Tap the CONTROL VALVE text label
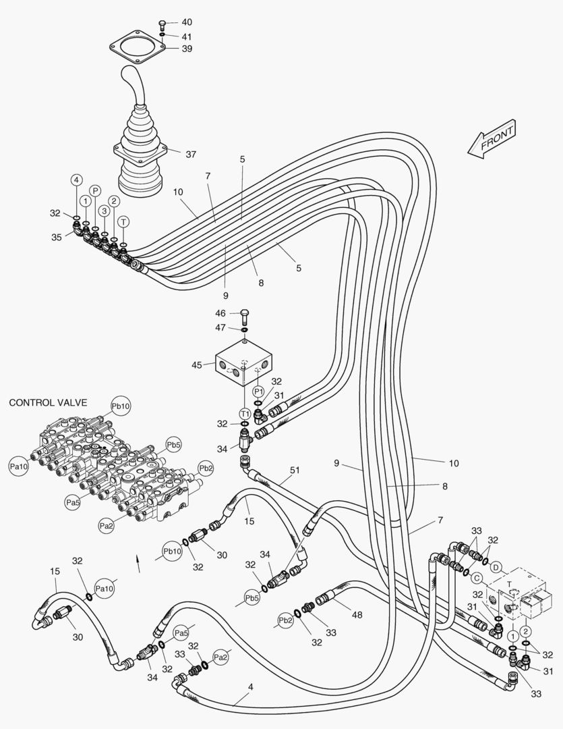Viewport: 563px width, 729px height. (48, 402)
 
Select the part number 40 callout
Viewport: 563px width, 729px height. (187, 22)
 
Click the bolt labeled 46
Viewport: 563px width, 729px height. (244, 315)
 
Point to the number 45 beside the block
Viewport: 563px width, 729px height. (197, 365)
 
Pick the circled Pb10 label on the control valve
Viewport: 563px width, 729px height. (121, 406)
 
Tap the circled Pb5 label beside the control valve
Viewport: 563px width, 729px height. (174, 445)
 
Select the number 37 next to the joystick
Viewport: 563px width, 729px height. (191, 154)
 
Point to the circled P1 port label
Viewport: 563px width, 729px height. (258, 391)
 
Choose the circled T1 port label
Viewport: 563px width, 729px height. (245, 412)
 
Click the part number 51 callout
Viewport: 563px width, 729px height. (294, 470)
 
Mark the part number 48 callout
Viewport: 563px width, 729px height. (357, 614)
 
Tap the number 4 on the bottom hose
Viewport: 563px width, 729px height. (251, 688)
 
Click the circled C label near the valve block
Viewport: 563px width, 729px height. (476, 578)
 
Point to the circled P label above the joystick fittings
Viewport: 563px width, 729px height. (95, 191)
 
